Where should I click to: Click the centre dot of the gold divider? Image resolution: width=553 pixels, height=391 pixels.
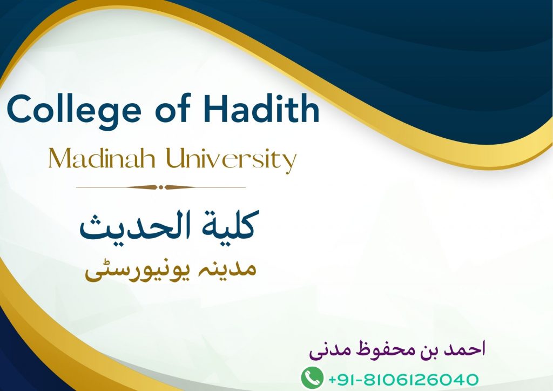pos(161,187)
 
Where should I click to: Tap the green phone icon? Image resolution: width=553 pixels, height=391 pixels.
pos(312,377)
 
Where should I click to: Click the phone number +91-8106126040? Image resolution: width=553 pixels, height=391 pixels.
pos(403,380)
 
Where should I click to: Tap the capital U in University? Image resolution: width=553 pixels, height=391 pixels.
pos(176,158)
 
